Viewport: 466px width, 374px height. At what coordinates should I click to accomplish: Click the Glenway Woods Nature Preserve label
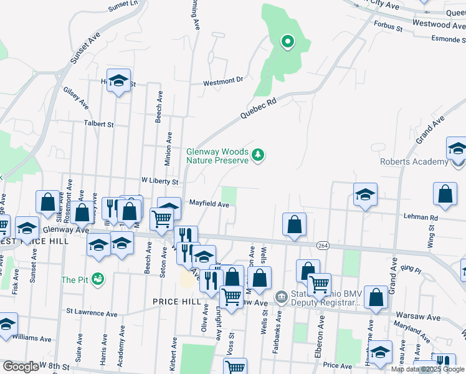pos(217,155)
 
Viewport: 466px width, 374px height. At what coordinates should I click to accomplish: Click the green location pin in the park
pos(288,42)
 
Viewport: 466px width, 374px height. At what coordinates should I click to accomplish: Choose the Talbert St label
pos(101,124)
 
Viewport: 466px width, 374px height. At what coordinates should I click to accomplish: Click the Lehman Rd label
pos(425,218)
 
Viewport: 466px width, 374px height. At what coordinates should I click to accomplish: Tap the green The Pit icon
pos(97,279)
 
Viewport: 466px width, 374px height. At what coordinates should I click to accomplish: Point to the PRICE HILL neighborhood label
pos(177,301)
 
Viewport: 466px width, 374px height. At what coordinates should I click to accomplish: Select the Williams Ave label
pos(30,338)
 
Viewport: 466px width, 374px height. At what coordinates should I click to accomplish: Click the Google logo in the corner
pos(20,366)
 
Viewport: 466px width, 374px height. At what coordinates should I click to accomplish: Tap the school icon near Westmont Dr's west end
pos(118,80)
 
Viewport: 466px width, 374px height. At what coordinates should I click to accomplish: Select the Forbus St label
pos(388,26)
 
